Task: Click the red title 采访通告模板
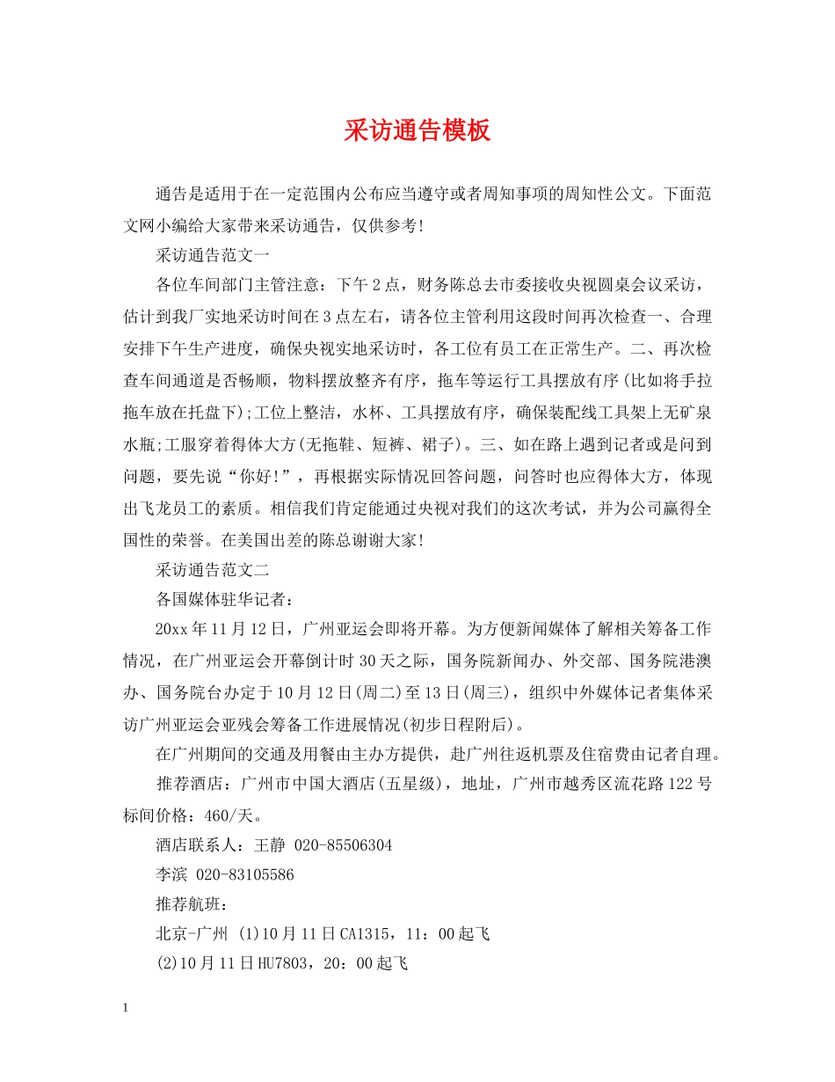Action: (417, 131)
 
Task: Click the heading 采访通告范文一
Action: (213, 255)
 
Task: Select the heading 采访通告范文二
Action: (213, 569)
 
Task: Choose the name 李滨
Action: (171, 874)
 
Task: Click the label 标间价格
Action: (155, 814)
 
